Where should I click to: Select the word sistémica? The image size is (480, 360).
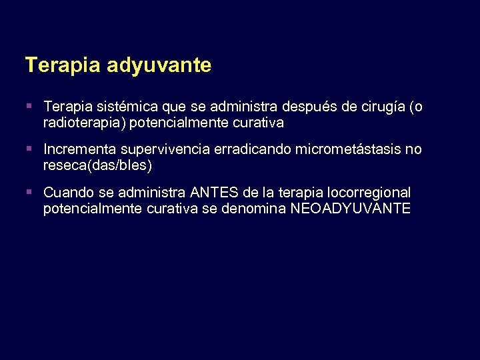coord(118,107)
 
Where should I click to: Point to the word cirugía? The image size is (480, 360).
coord(381,107)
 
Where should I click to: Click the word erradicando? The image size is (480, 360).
coord(252,149)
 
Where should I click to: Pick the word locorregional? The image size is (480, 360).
coord(372,193)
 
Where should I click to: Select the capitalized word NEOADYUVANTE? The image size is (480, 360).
coord(351,209)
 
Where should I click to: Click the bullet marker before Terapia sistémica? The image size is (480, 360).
coord(29,107)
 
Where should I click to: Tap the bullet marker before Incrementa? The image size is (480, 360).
coord(29,149)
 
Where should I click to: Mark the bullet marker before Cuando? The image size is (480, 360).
coord(29,193)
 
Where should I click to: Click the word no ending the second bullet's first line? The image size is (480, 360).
coord(414,149)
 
